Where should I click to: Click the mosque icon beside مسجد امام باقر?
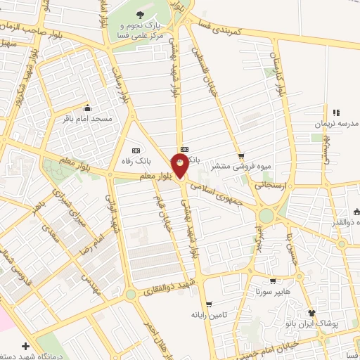(x=87, y=108)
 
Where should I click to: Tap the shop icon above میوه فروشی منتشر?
(x=241, y=156)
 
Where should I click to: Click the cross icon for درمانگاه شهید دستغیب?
(x=26, y=346)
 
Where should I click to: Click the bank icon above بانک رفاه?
(x=136, y=150)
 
